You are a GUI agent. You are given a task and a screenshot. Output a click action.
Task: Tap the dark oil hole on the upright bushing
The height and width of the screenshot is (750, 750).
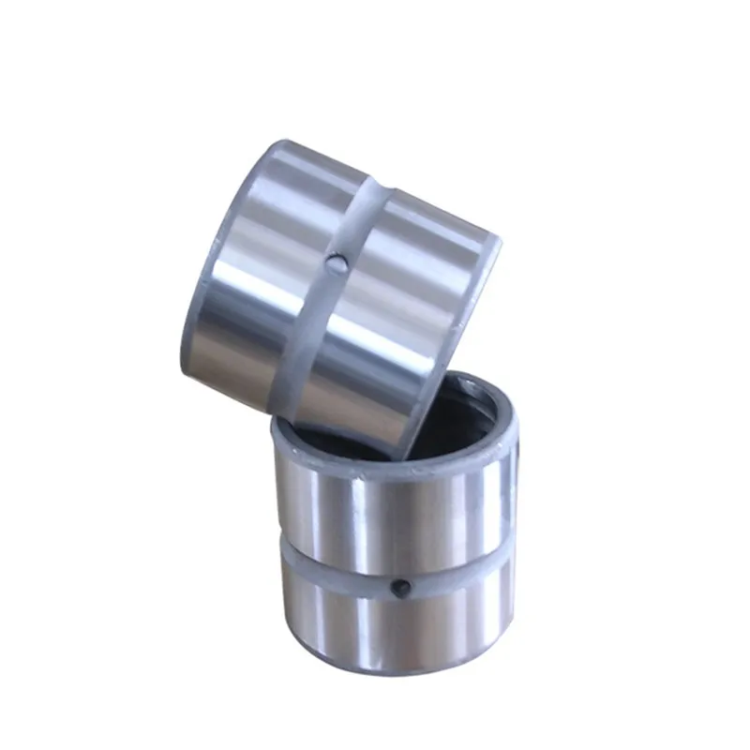(401, 589)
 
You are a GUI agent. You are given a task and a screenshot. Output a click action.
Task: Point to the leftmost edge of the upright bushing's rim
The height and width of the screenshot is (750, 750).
(274, 436)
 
